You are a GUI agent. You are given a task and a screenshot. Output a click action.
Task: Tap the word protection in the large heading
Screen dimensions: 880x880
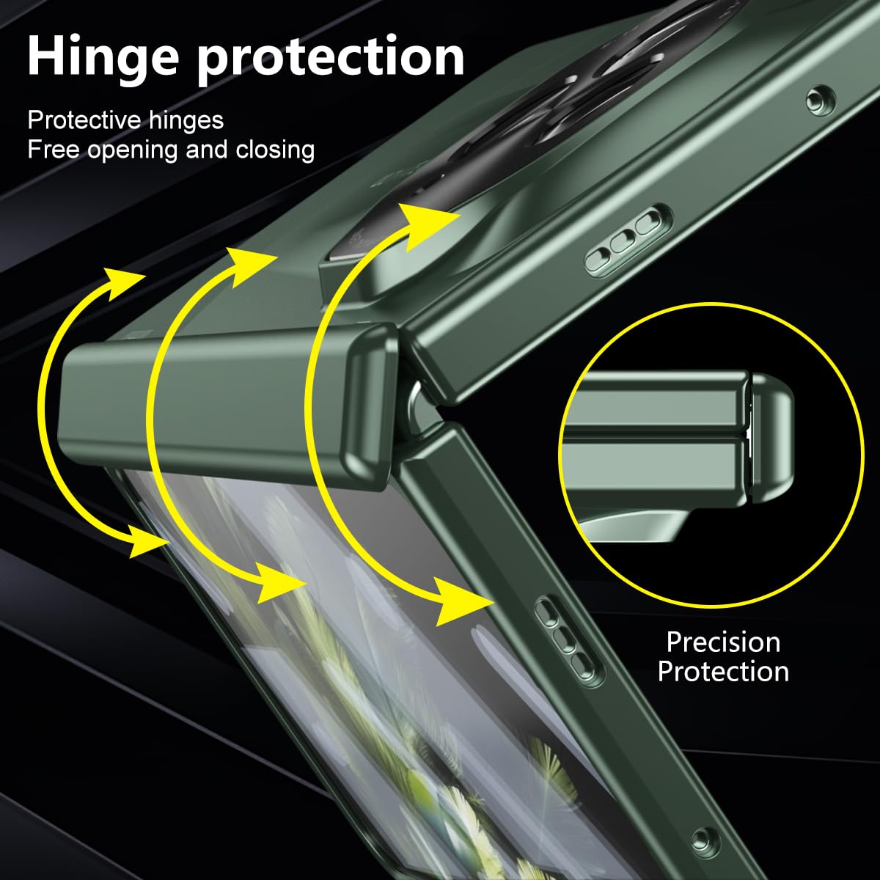click(331, 59)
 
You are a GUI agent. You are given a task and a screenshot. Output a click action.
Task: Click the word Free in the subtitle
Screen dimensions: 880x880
click(54, 150)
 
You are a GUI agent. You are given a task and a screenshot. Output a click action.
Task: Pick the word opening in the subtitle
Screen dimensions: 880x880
click(133, 152)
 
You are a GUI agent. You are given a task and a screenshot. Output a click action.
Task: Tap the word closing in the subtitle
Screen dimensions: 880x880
click(275, 151)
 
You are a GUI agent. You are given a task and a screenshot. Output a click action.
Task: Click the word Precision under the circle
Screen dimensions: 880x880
click(723, 642)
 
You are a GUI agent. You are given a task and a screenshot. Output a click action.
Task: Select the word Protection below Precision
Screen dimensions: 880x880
click(723, 672)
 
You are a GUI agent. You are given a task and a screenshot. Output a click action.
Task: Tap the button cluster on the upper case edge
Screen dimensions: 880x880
click(628, 241)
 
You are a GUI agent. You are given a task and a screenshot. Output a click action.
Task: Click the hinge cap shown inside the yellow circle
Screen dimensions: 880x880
click(771, 439)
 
